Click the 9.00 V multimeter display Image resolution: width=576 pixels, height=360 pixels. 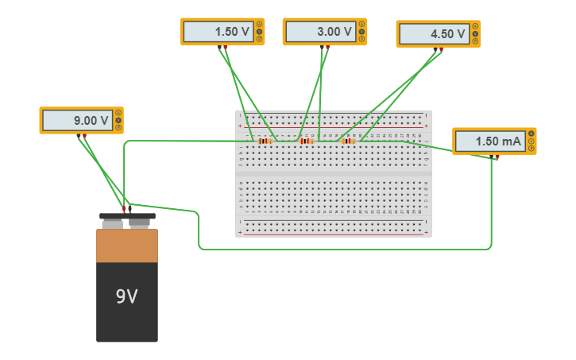(78, 121)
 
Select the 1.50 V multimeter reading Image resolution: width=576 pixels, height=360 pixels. (218, 32)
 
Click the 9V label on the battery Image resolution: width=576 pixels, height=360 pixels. (127, 296)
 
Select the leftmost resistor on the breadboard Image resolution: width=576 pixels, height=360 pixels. (265, 141)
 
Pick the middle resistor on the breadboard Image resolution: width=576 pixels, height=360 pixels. (307, 141)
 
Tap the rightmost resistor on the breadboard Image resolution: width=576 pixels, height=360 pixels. (348, 141)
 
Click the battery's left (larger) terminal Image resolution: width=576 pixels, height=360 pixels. (112, 223)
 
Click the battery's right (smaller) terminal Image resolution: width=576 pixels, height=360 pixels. (140, 223)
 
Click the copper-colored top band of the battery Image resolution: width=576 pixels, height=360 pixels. (127, 246)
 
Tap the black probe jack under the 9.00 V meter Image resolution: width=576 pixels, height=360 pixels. (79, 136)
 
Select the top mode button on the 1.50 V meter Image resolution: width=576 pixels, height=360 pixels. (259, 24)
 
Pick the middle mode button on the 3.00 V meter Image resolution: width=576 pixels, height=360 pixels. (361, 32)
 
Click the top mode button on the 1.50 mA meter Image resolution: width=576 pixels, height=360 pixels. (532, 134)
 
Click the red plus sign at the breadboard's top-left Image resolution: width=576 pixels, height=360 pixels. (240, 125)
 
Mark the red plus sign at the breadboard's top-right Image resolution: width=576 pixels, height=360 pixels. (427, 125)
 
